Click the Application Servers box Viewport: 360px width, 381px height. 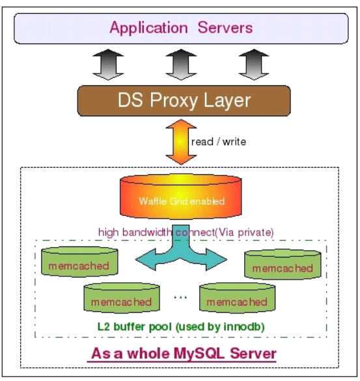point(181,29)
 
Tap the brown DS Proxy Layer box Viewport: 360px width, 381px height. point(184,101)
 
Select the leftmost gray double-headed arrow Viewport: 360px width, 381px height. point(108,64)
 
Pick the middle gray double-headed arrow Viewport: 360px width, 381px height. point(181,64)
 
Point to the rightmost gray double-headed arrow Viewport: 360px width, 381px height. point(254,64)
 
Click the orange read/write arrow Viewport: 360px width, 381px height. point(181,142)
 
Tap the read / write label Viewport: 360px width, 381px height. point(219,142)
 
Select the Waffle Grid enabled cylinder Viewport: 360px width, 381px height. point(181,196)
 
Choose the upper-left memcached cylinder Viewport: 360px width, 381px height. point(79,262)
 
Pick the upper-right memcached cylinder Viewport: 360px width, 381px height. point(283,265)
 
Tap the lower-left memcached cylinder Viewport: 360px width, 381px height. point(122,298)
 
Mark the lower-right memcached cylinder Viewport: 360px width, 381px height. point(237,298)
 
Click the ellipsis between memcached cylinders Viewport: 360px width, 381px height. point(180,297)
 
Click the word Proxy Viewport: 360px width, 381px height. point(174,101)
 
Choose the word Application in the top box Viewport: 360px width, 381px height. point(148,28)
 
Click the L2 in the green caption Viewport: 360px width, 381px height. point(104,327)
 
